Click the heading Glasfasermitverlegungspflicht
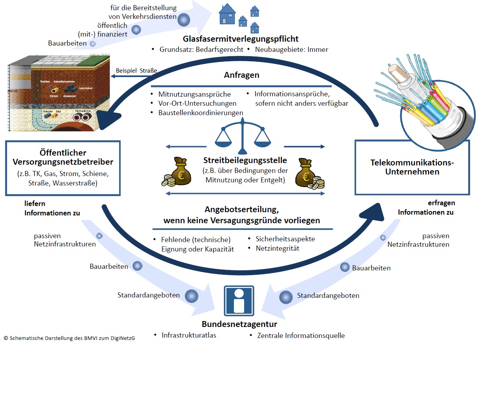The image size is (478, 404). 241,39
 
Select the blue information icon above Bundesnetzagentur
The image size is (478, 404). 239,301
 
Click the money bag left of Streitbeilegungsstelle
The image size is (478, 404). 178,172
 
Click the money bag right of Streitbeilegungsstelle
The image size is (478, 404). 309,173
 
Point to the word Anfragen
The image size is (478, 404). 241,75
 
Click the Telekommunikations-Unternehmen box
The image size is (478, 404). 412,167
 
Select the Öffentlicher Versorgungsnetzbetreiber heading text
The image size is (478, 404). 63,157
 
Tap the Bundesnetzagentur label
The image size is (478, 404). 239,324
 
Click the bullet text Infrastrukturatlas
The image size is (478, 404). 189,335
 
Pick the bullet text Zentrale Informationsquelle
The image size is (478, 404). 301,336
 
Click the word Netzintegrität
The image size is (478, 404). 278,248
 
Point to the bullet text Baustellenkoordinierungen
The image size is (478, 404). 200,113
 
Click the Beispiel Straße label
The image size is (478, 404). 136,71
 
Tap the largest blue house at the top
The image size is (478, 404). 228,15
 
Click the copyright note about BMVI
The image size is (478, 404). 69,338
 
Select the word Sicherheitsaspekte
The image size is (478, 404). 285,239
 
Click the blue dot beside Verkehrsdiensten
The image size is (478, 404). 184,20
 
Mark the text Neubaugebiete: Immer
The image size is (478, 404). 291,50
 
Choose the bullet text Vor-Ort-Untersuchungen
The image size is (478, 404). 197,103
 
